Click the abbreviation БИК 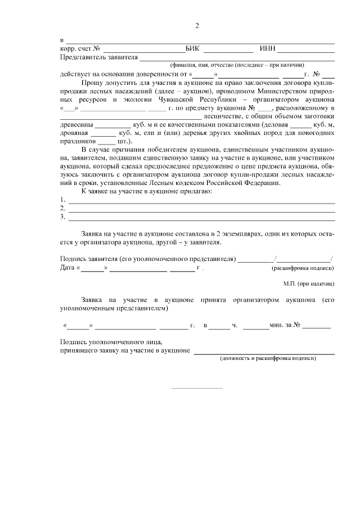192,49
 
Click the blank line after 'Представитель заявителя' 237,58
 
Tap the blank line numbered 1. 201,201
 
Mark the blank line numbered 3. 201,218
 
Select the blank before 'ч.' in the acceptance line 220,326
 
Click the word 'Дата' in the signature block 67,268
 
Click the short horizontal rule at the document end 196,388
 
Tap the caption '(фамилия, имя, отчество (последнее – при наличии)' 237,65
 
